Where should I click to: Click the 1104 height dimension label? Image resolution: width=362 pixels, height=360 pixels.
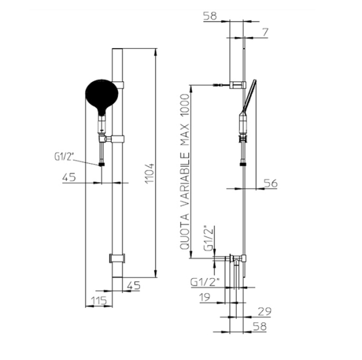click(x=149, y=173)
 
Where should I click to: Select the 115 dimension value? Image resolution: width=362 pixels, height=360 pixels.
click(x=99, y=300)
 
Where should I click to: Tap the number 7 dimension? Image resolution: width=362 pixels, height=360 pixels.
click(x=266, y=32)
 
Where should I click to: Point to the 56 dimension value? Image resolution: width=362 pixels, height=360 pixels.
click(x=270, y=183)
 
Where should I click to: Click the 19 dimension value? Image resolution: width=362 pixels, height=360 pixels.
click(x=205, y=297)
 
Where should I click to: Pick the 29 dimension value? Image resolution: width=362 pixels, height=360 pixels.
click(x=264, y=311)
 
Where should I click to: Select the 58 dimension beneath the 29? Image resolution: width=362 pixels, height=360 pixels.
click(x=260, y=327)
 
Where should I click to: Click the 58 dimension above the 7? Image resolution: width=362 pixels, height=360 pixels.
click(x=210, y=16)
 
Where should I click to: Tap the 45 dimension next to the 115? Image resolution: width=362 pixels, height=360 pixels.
click(x=133, y=286)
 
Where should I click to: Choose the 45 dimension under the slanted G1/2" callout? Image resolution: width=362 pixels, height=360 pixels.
click(x=69, y=177)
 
